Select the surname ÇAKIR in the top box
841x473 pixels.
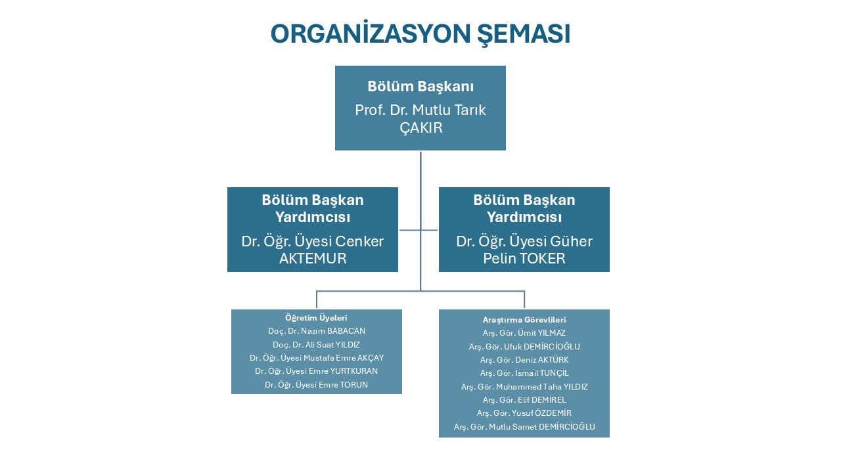[x=421, y=127]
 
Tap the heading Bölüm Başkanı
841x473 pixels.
[x=420, y=86]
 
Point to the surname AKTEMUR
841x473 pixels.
[x=313, y=258]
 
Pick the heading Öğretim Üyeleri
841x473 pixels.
[x=316, y=317]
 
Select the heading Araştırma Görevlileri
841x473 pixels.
[x=524, y=320]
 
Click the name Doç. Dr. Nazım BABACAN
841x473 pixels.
[x=317, y=331]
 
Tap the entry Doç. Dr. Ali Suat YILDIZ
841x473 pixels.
[x=317, y=345]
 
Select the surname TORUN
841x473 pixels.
[x=353, y=385]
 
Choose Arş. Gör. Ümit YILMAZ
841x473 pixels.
[x=524, y=333]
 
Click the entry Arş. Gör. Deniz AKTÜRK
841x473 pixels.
[x=524, y=360]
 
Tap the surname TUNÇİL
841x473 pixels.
[x=554, y=373]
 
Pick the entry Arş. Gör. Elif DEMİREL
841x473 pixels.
[x=524, y=400]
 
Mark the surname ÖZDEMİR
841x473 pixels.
[x=553, y=413]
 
